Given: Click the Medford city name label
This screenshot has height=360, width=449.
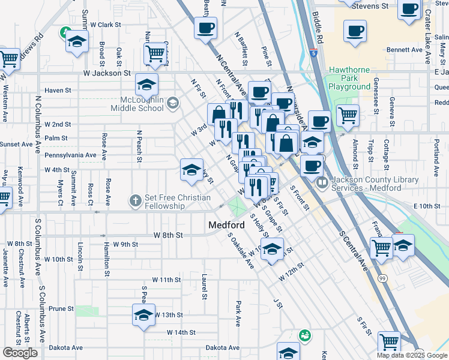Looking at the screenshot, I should click(x=226, y=225).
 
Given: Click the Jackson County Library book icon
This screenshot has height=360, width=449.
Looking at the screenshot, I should click(x=322, y=181).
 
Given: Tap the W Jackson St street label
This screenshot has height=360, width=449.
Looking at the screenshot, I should click(x=106, y=73).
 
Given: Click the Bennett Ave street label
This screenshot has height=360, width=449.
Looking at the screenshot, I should click(x=405, y=50).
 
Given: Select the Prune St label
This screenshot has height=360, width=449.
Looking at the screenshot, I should click(x=61, y=309).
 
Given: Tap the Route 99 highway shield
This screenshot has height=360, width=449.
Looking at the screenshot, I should click(x=382, y=278).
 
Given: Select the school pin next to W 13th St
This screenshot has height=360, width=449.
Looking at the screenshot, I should click(x=143, y=315).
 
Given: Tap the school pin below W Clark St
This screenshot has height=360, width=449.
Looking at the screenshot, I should click(x=77, y=41).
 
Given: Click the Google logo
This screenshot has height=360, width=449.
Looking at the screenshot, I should click(x=20, y=353).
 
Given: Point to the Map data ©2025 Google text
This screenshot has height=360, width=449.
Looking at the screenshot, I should click(x=412, y=355).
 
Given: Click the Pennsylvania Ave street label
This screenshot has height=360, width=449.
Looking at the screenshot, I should click(x=70, y=155).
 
